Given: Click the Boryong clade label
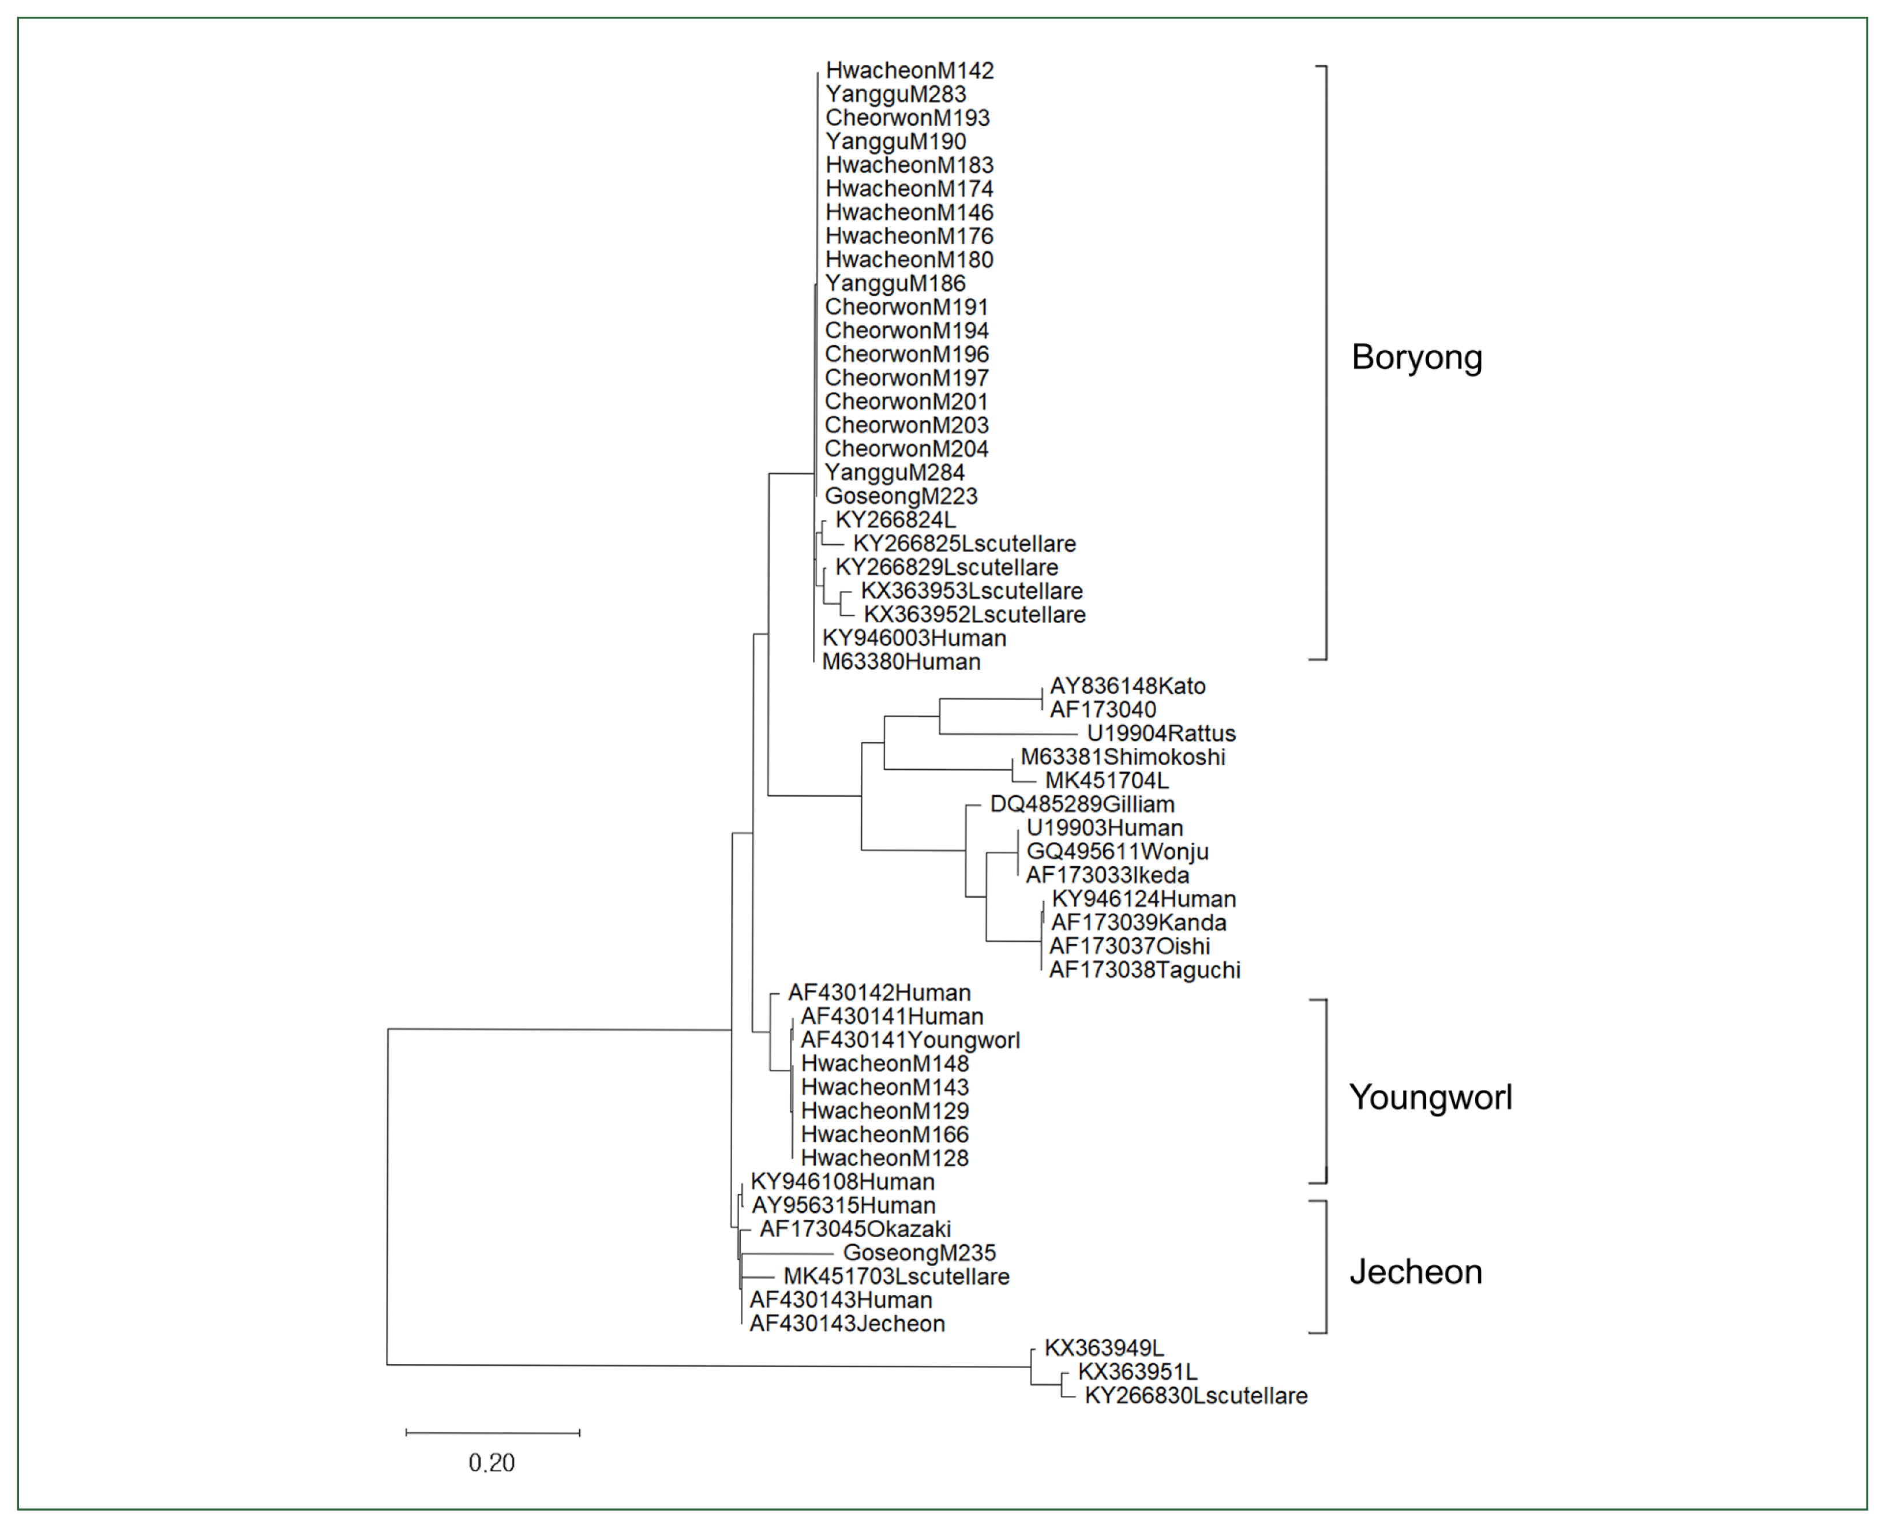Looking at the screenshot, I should (x=1416, y=357).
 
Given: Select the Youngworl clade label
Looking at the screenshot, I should (x=1430, y=1098).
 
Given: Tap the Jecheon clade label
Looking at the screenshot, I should (x=1415, y=1272).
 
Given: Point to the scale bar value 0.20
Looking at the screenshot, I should (x=491, y=1463).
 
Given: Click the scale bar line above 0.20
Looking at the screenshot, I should (x=493, y=1433).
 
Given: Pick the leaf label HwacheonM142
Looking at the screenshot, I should (x=909, y=70).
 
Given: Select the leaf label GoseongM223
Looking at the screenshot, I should (x=901, y=496).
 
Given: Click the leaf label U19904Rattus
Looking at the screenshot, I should (x=1161, y=733).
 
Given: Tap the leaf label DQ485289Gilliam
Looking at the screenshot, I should (x=1082, y=804).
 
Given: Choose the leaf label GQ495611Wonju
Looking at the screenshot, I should (x=1117, y=852).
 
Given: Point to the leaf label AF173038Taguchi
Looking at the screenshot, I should (x=1144, y=970).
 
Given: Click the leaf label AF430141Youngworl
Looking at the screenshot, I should (x=910, y=1040).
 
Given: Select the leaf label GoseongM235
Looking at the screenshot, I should (x=919, y=1253).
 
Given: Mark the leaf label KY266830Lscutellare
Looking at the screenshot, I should (x=1195, y=1396).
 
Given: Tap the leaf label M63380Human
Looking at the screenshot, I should (x=901, y=662).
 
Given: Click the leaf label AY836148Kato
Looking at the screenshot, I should (x=1127, y=687).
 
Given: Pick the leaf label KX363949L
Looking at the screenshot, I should (x=1104, y=1349).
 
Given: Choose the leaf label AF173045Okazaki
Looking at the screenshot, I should (x=854, y=1230).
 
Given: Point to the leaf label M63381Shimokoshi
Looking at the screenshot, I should (x=1122, y=757).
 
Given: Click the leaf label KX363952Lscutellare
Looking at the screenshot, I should (x=974, y=615).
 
